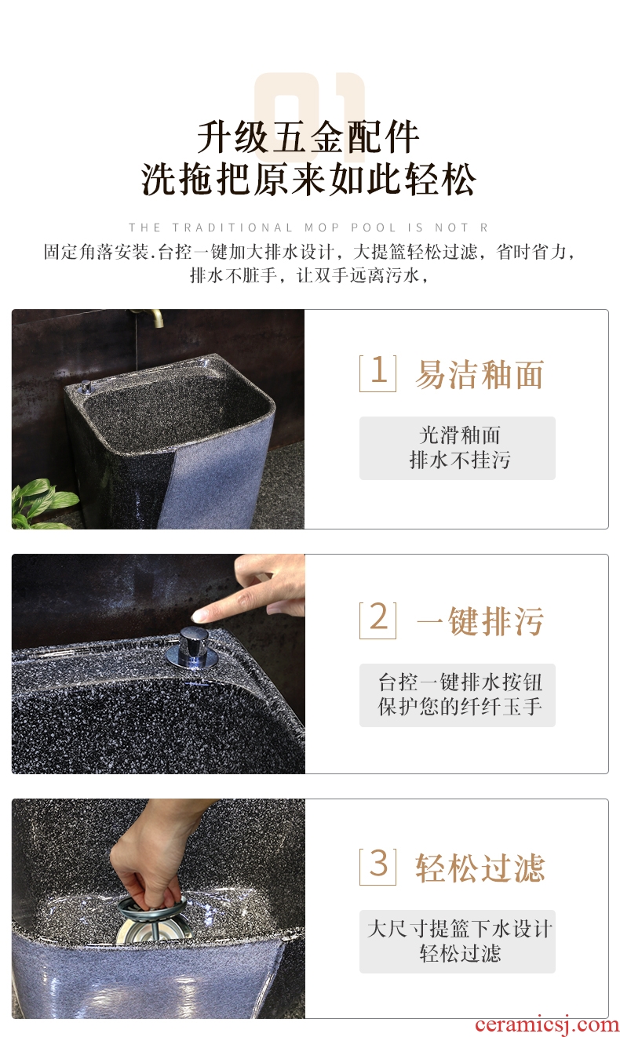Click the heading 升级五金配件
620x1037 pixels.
308,137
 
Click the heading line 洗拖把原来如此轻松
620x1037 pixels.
309,179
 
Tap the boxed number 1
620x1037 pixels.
377,373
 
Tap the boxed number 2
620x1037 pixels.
377,620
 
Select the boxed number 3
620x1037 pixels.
377,866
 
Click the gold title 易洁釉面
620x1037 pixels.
480,374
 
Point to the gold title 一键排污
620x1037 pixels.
480,620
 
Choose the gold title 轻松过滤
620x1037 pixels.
480,868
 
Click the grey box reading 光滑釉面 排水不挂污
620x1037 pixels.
457,448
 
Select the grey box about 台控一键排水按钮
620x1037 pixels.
457,695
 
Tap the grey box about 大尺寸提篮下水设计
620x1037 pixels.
457,941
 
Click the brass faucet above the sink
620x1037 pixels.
148,316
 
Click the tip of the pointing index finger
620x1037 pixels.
196,617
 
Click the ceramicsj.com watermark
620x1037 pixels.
547,1024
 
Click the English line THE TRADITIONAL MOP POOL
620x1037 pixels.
308,227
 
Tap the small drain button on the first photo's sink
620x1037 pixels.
86,387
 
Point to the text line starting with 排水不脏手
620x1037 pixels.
309,275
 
